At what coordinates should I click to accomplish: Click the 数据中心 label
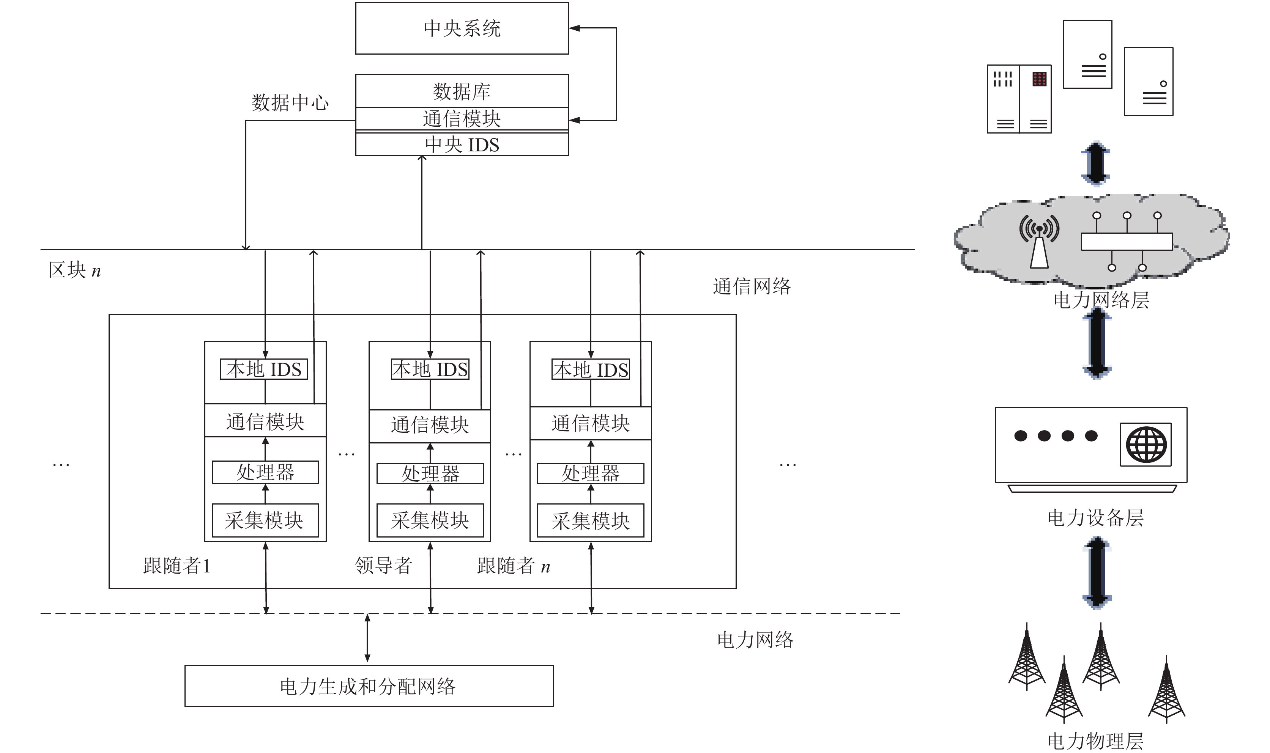(290, 102)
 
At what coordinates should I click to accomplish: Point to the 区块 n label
(75, 270)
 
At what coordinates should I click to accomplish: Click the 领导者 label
(383, 565)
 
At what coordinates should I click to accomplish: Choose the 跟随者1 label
(176, 565)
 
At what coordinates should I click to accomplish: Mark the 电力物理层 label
(1095, 741)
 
